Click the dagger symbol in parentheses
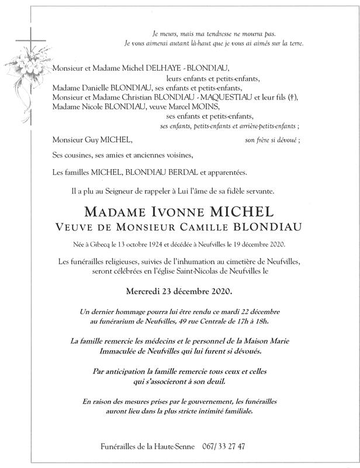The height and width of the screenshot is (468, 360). [x=290, y=97]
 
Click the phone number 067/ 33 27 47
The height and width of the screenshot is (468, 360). [x=224, y=446]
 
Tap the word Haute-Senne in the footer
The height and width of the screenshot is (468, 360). [x=175, y=446]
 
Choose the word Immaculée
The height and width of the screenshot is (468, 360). [x=110, y=352]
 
